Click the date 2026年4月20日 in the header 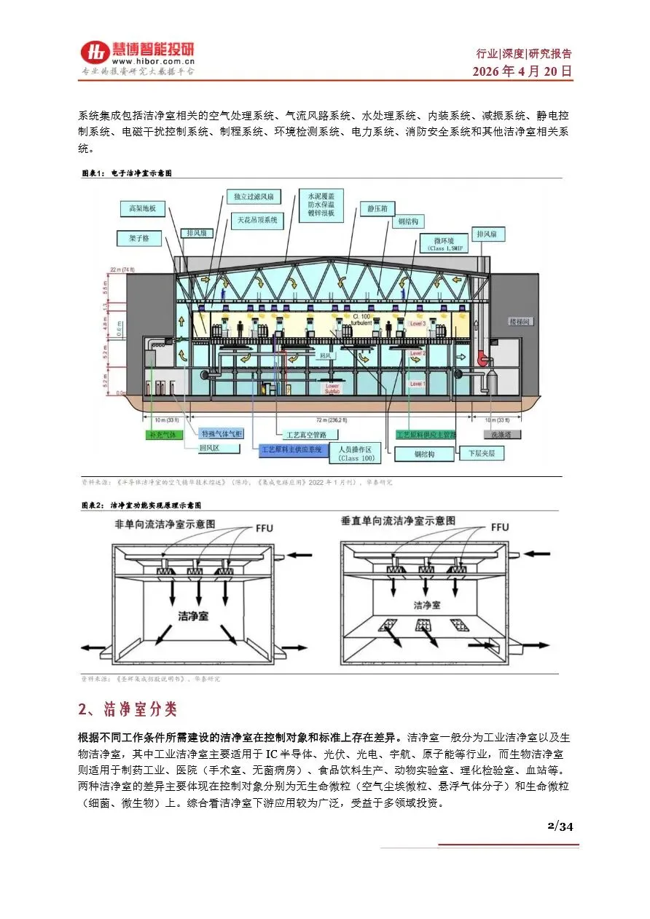[x=522, y=71]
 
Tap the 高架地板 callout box [x=143, y=208]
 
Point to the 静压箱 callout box [x=376, y=208]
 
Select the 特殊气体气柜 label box [x=222, y=434]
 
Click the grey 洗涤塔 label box [x=501, y=434]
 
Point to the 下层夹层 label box [x=482, y=453]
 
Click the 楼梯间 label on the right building [x=520, y=320]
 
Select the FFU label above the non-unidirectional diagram [x=264, y=526]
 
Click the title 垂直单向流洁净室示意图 [x=398, y=521]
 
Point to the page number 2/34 [x=560, y=826]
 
